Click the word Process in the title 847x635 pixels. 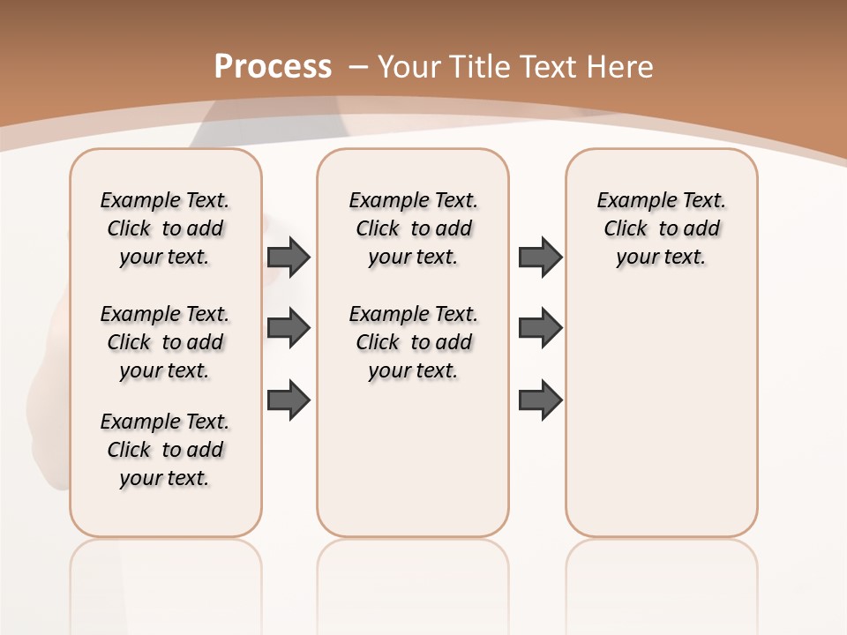[273, 66]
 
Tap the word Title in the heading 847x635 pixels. [482, 67]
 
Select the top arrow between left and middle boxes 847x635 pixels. [289, 257]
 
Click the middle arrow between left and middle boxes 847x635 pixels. [289, 328]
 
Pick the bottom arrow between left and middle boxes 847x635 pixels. [289, 400]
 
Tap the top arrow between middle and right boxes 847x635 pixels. [540, 257]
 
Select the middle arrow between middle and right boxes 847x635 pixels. [540, 328]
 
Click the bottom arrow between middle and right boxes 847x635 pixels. [540, 400]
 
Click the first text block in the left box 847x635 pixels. [165, 228]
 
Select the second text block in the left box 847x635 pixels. [165, 342]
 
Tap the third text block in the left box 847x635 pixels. [165, 450]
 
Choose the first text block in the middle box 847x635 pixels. [413, 228]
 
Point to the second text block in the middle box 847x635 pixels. [413, 342]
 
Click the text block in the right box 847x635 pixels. [661, 228]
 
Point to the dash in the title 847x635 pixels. [359, 66]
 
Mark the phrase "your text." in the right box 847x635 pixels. [661, 258]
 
